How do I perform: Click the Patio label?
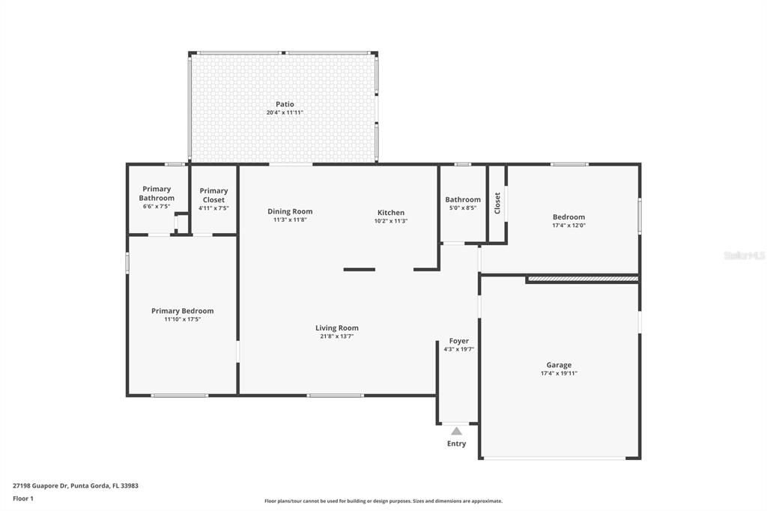pos(285,104)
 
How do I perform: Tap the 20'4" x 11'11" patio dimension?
pos(285,113)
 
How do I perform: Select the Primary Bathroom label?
pos(157,193)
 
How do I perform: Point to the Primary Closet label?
pos(213,195)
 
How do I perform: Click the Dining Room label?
pos(290,211)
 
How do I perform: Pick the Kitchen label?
pos(390,213)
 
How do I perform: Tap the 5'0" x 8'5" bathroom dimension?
pos(463,208)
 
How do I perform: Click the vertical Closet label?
pos(497,203)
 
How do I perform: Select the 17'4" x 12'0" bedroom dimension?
pos(569,226)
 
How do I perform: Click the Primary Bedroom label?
pos(182,311)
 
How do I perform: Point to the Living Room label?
pos(336,327)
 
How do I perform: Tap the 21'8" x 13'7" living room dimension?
pos(336,336)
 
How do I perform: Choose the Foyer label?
pos(458,341)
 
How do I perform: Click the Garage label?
pos(559,365)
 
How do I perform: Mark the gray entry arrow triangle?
pos(456,431)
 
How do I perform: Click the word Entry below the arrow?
pos(456,444)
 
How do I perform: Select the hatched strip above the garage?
pos(582,279)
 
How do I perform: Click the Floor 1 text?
pos(23,498)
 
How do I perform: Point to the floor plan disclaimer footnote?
pos(383,501)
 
